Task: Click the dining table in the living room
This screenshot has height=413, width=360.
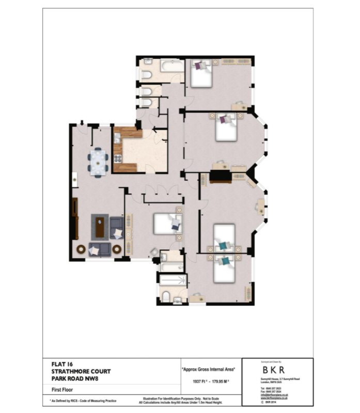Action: (98, 163)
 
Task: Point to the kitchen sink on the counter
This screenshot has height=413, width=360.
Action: (117, 138)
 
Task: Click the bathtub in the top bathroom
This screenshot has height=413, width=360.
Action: (171, 66)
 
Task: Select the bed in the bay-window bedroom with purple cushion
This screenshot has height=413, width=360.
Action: (226, 126)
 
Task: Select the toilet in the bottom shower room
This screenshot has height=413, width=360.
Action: (166, 296)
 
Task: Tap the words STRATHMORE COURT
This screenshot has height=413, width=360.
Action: (80, 371)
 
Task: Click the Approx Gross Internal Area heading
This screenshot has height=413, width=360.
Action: (208, 369)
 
